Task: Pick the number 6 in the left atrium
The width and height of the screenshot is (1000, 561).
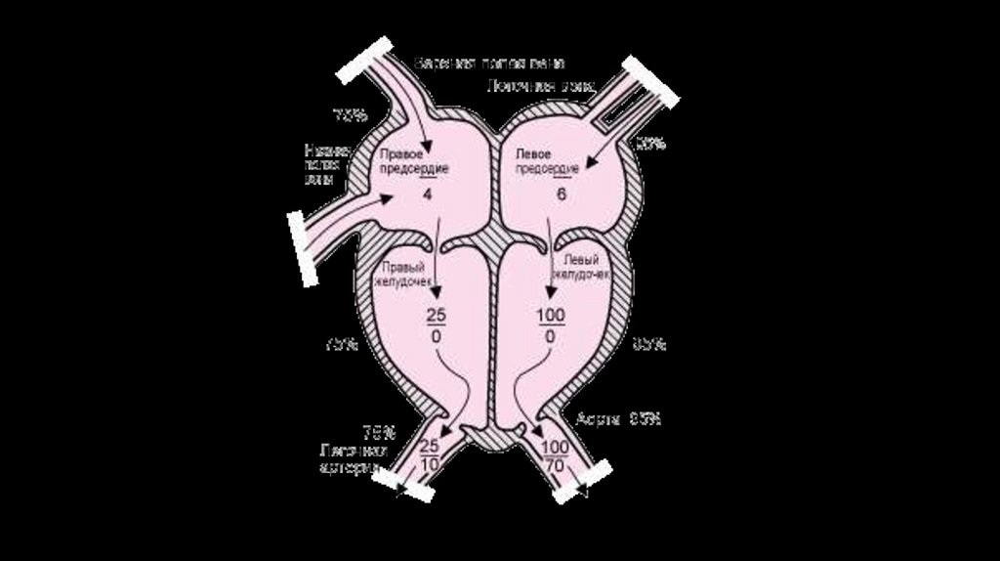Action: [x=562, y=194]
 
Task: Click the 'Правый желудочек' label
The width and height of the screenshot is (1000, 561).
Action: [x=403, y=271]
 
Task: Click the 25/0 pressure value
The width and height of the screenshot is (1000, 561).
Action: [x=435, y=324]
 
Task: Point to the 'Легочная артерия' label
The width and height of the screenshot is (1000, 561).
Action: [x=354, y=458]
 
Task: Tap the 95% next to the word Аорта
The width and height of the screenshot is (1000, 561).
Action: [x=646, y=418]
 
